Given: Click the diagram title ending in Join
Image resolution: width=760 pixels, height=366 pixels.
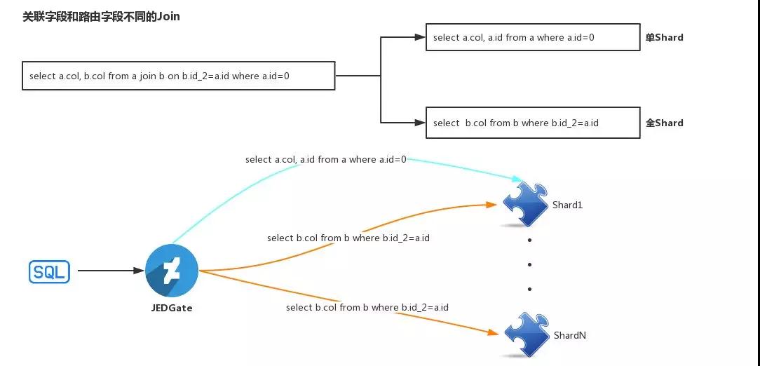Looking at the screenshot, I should [101, 16].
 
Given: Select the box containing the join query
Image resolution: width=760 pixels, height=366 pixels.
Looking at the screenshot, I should [178, 76].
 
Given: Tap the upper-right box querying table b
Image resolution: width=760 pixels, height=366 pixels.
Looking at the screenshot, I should [532, 123].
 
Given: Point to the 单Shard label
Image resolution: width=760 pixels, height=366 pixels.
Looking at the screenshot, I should [664, 37].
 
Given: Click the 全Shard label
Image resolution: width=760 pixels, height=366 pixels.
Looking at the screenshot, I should [664, 123].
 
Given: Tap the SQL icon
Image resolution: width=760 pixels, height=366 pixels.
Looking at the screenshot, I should [49, 271].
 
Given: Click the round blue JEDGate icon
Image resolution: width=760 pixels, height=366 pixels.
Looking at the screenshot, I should [172, 271].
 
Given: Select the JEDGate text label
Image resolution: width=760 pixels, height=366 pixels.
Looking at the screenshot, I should [172, 308].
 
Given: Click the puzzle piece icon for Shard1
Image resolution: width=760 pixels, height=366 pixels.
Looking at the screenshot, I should [525, 204].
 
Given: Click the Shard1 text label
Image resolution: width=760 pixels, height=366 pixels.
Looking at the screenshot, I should [567, 205].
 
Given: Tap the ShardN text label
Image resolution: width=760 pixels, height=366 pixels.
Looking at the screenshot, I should [569, 336].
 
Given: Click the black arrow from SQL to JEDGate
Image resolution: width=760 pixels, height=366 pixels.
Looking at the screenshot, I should [109, 271].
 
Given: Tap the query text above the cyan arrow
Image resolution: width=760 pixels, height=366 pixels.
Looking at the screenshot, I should [325, 160].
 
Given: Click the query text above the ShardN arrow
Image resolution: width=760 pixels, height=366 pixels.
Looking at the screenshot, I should [367, 308].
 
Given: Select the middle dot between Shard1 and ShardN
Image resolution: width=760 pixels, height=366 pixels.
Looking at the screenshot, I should [529, 264].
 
